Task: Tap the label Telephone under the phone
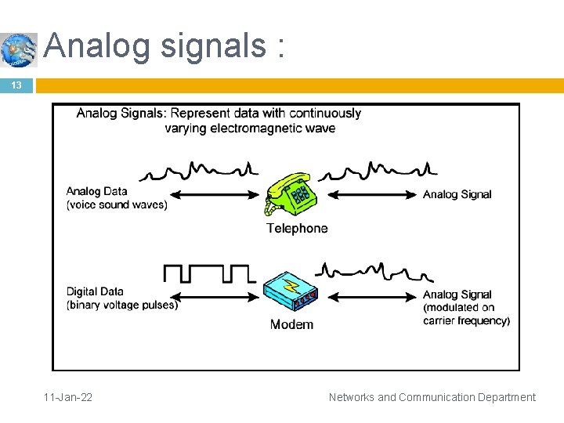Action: coord(297,229)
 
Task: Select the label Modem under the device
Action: coord(291,324)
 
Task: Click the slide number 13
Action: coord(16,85)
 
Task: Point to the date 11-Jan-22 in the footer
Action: coord(68,397)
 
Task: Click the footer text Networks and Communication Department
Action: coord(432,397)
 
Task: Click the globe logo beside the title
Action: coord(19,49)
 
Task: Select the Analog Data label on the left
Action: coord(96,191)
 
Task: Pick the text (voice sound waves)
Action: coord(117,205)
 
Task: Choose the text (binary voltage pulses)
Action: coord(122,305)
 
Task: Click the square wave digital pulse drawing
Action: coord(209,273)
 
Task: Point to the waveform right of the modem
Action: coord(374,273)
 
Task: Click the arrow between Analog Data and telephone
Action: coord(216,195)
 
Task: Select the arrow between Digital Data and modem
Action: coord(216,296)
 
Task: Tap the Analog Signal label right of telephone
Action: coord(457,194)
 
